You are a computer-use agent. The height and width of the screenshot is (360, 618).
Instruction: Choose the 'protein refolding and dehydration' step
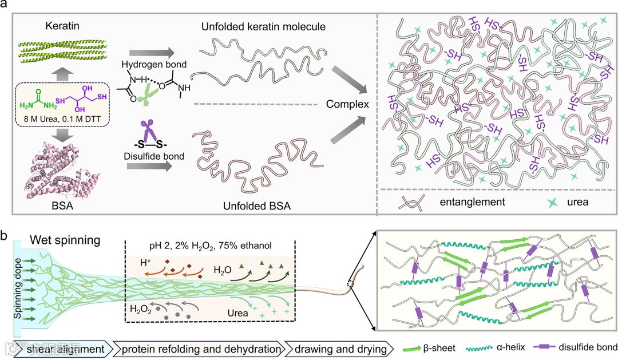pos(199,347)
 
